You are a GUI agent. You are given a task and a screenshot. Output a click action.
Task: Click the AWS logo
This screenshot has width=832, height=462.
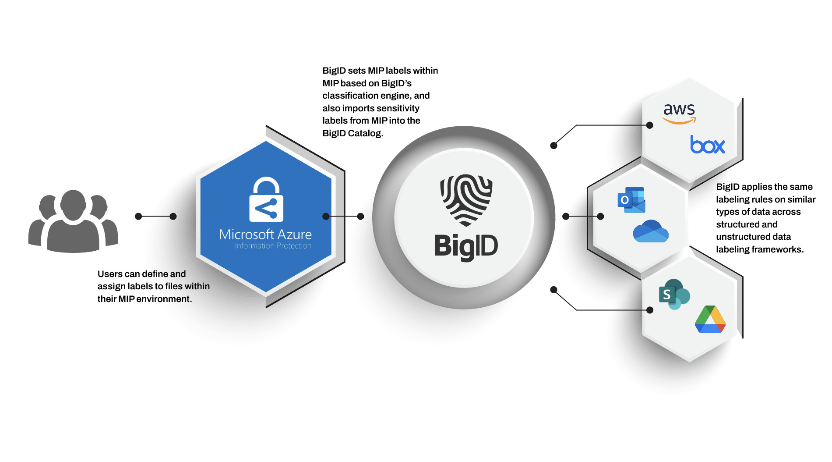pos(679,113)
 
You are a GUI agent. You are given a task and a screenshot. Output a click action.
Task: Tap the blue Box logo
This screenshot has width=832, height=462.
pos(707,145)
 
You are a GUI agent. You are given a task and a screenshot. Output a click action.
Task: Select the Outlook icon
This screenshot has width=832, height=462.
pos(631,200)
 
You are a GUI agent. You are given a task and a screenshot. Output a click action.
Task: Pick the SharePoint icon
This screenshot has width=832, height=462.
pos(674,294)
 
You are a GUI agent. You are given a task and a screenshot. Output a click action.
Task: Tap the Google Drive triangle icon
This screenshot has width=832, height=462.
pos(710,320)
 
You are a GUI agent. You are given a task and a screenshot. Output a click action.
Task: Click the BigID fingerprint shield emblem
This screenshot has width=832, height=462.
pos(466,200)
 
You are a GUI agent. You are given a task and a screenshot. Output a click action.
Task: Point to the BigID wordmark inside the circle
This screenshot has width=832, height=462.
pos(466,246)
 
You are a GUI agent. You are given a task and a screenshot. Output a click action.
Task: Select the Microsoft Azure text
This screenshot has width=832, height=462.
pos(265,235)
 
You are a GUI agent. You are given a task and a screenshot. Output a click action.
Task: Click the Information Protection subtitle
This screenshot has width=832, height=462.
pos(273,246)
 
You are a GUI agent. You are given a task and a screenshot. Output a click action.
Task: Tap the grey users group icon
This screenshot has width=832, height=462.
pos(73,221)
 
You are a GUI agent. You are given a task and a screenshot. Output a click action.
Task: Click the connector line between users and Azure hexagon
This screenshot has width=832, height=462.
pos(156,216)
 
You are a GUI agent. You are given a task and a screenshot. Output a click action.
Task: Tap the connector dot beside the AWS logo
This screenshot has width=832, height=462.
pos(650,125)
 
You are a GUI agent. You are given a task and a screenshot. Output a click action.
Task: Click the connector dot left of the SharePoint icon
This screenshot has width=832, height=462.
pos(650,310)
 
